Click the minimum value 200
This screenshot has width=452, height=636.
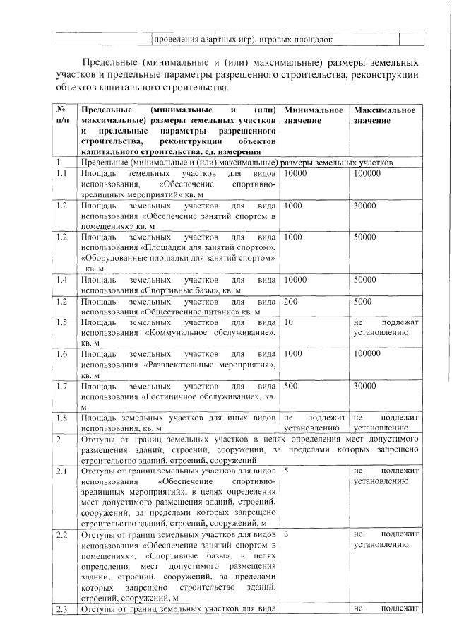291,301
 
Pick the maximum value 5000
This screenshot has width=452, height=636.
364,301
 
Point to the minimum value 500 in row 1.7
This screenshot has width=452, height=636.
291,387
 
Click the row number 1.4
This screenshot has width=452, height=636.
61,281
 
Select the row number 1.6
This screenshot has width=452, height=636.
61,353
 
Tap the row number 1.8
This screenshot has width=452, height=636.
61,418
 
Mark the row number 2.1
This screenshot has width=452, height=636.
61,470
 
